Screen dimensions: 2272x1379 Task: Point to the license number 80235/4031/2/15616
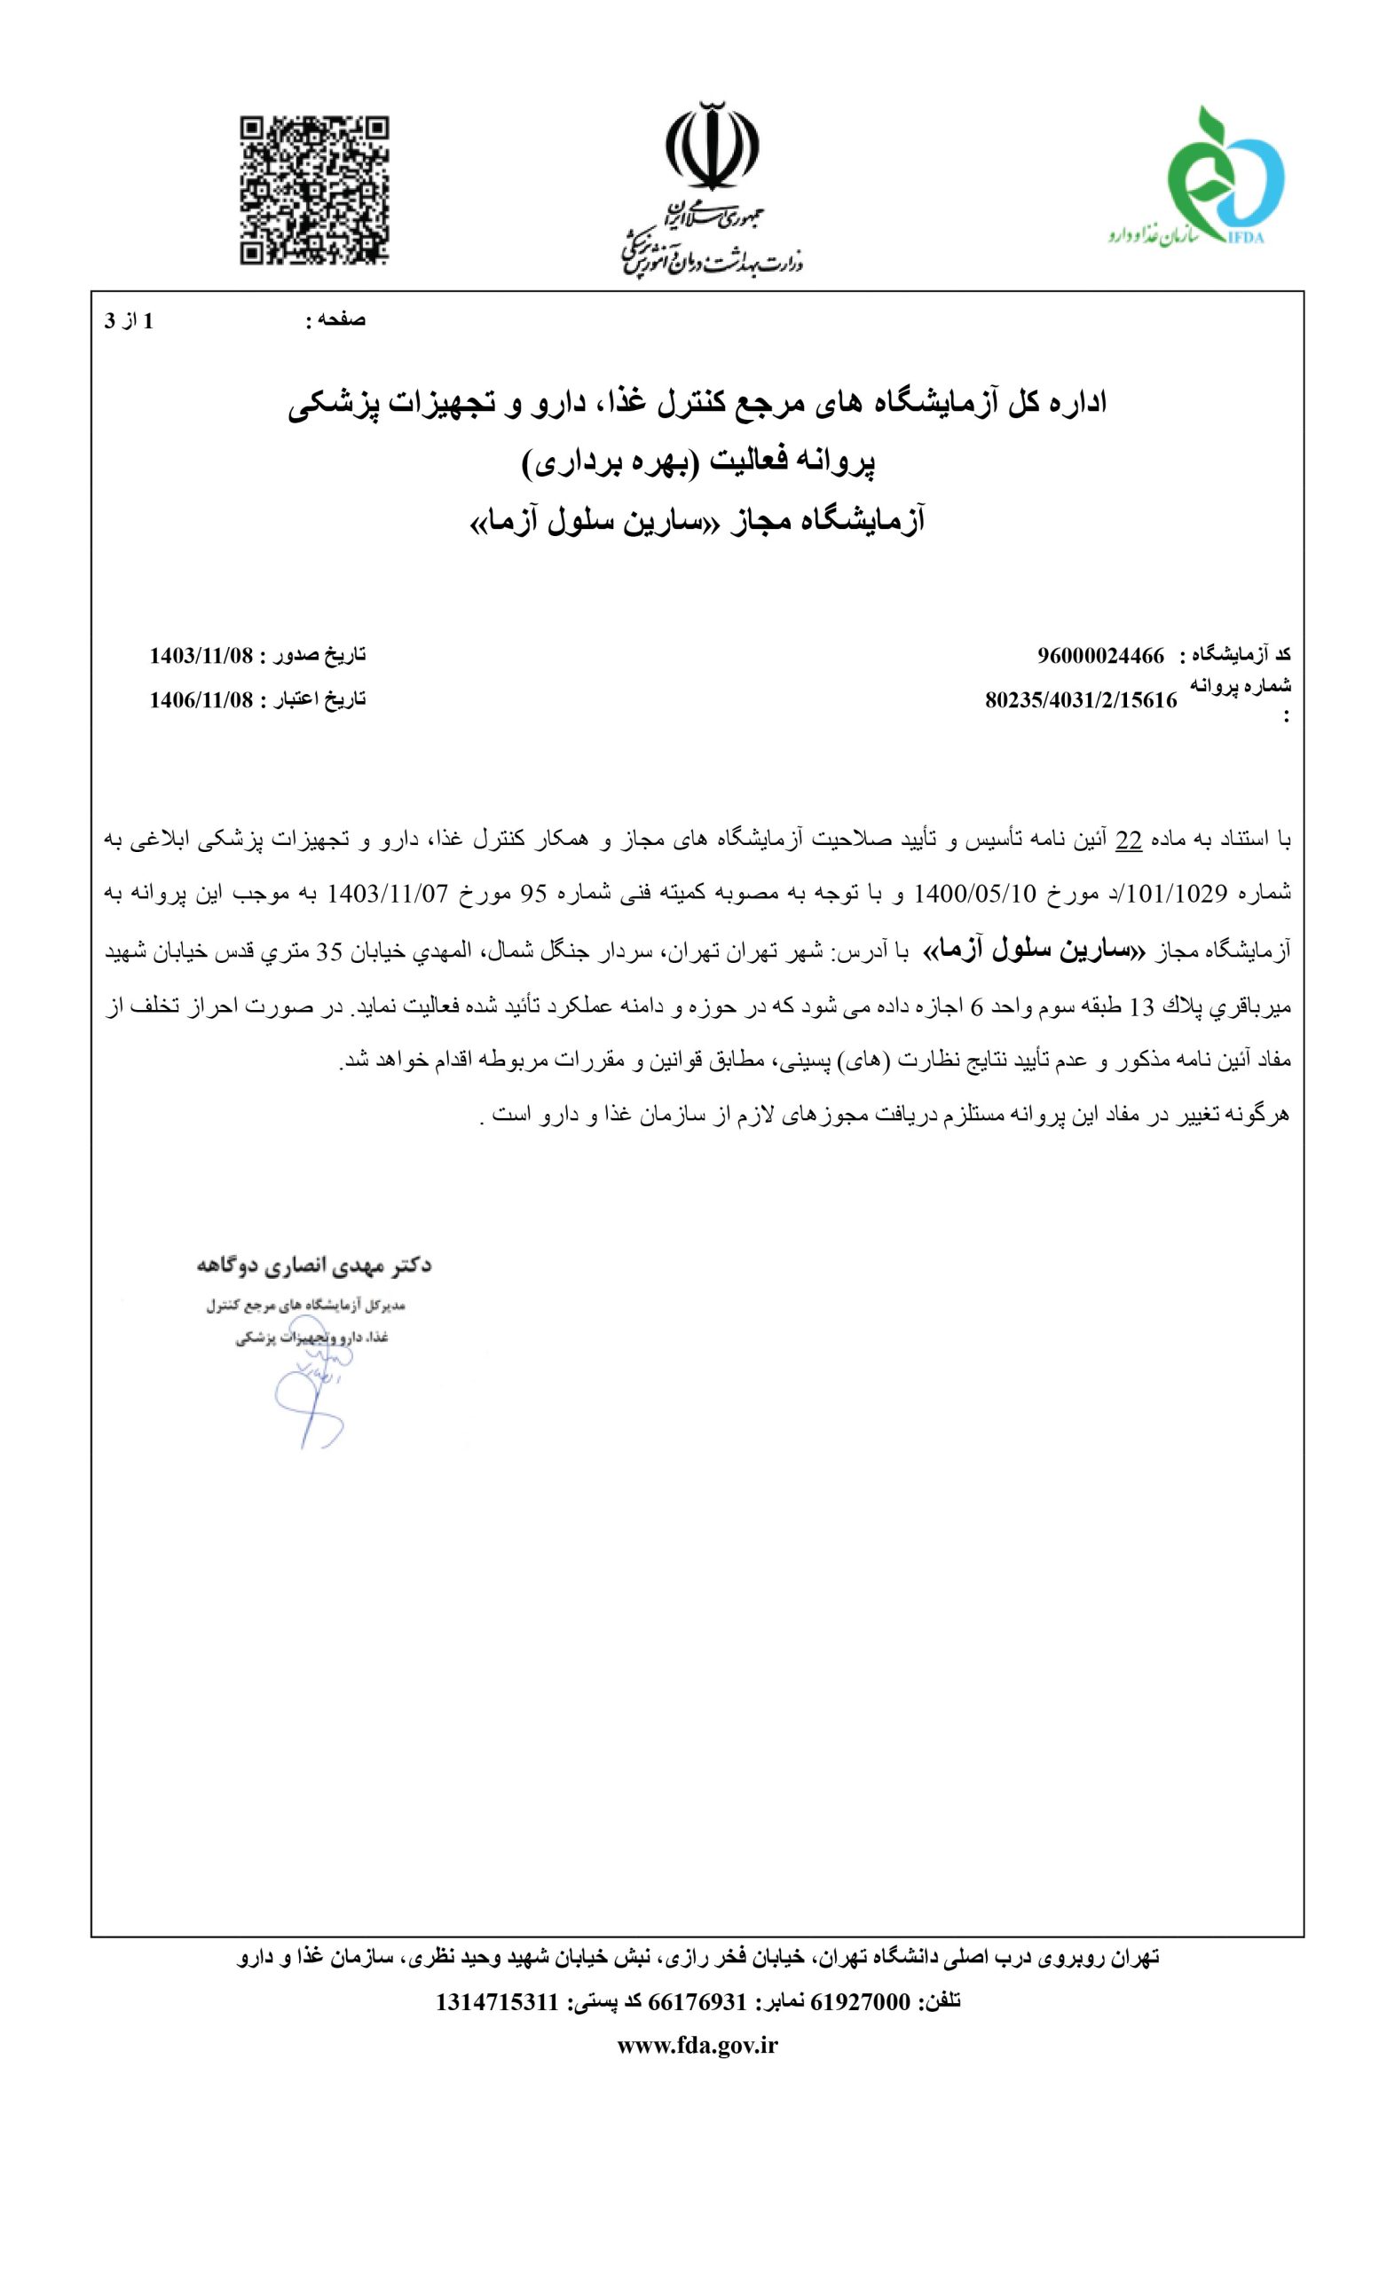tap(1080, 700)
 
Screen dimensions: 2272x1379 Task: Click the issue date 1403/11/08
tap(200, 656)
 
